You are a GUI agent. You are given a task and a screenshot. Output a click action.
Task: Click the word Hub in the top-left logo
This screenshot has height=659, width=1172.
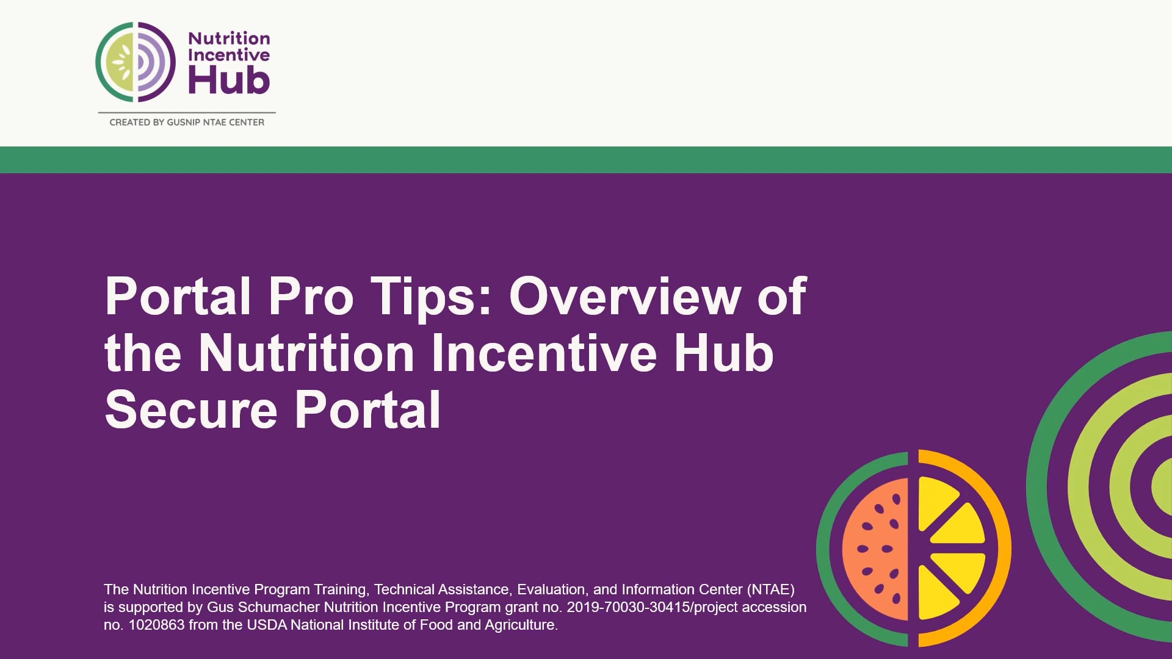pyautogui.click(x=229, y=81)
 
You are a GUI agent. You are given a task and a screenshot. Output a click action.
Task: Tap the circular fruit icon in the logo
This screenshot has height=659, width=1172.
pyautogui.click(x=136, y=62)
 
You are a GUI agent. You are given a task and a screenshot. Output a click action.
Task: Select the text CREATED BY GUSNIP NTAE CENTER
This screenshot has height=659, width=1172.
pyautogui.click(x=187, y=122)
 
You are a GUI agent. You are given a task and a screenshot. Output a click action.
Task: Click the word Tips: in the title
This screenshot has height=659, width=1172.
pyautogui.click(x=431, y=297)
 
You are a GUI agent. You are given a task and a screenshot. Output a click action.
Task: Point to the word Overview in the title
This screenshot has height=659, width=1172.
pyautogui.click(x=624, y=297)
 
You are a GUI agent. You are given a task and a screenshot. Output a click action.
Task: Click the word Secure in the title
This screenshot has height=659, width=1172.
pyautogui.click(x=191, y=410)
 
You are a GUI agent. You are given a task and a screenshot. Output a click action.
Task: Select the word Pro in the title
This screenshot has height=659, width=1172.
pyautogui.click(x=311, y=297)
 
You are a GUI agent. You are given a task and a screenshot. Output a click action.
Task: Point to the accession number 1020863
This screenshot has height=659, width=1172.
pyautogui.click(x=156, y=625)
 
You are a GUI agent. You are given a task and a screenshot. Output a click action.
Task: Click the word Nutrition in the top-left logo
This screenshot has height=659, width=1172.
pyautogui.click(x=229, y=38)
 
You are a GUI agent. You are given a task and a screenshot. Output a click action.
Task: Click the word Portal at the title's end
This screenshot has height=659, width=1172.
pyautogui.click(x=367, y=410)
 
